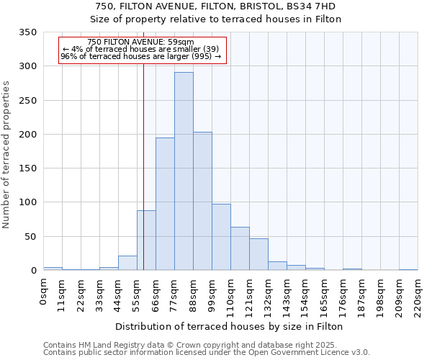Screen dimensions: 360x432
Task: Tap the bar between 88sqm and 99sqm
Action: [x=202, y=201]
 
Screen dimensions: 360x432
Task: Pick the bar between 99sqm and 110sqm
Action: [x=221, y=237]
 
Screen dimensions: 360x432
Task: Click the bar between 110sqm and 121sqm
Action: [x=240, y=248]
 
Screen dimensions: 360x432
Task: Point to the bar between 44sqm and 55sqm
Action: [x=127, y=263]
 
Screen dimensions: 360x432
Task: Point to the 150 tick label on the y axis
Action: [x=28, y=168]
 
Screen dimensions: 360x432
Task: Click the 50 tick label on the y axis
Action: [x=31, y=237]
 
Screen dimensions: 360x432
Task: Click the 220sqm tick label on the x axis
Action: [x=418, y=295]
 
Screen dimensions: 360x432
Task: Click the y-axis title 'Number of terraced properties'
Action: [x=6, y=154]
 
